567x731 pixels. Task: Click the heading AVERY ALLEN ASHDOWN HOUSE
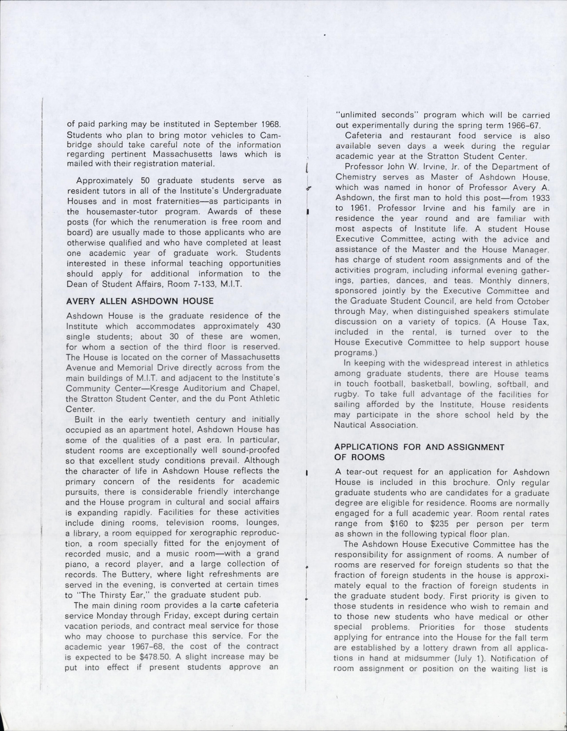tap(139, 301)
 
